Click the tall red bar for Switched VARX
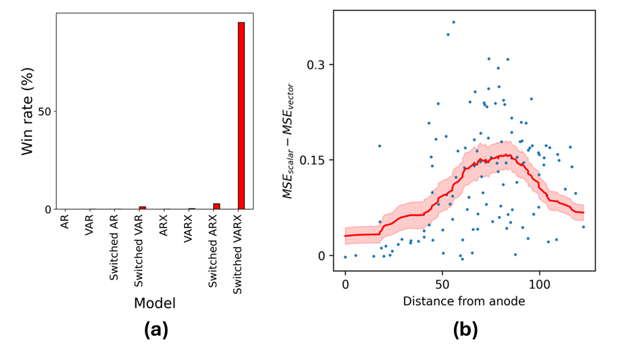pos(241,115)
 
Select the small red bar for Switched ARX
pos(216,206)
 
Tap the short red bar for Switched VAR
pos(143,208)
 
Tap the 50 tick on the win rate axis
pos(43,111)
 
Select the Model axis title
pos(155,303)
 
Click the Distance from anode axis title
pos(463,301)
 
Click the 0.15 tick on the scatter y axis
pos(312,160)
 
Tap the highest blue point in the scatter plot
pos(453,22)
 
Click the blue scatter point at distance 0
pos(345,257)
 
